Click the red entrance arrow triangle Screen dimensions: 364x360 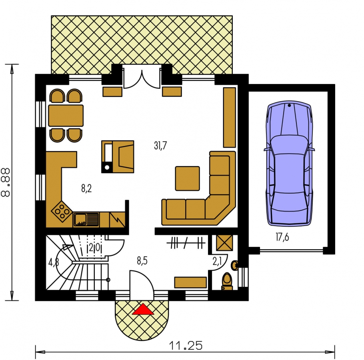[143, 309]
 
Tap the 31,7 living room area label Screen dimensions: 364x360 [160, 146]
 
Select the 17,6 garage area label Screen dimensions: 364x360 [282, 237]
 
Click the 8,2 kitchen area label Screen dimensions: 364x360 [86, 188]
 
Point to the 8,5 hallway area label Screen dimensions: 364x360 [142, 261]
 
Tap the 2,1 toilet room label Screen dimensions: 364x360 [217, 261]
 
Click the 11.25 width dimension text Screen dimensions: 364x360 [186, 346]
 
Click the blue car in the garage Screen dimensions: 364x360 [289, 164]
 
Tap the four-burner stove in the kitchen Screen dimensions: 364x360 [62, 211]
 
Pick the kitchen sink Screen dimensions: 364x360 [86, 219]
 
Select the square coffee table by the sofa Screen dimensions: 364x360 [187, 178]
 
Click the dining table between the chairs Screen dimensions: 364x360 [66, 116]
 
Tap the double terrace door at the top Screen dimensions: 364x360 [142, 78]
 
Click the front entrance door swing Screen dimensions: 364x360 [142, 286]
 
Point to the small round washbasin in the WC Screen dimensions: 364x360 [234, 265]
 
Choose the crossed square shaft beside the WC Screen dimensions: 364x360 [224, 243]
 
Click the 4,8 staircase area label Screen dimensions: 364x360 [53, 262]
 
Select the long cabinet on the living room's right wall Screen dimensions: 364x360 [229, 117]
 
